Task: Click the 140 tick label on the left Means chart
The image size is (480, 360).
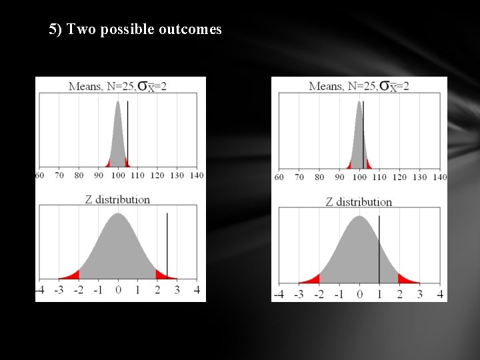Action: [196, 175]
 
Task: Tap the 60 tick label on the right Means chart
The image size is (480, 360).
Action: [279, 177]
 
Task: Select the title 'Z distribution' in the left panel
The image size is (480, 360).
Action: [118, 199]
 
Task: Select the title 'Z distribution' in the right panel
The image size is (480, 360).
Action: [359, 201]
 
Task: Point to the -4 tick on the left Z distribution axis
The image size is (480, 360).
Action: [39, 290]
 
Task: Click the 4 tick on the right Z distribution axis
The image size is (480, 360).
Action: [440, 294]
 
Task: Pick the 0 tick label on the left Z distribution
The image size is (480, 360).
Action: [118, 290]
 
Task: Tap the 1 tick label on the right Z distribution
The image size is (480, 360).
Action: [379, 294]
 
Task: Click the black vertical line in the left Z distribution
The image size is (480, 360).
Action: [167, 247]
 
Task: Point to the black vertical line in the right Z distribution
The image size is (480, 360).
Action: [379, 250]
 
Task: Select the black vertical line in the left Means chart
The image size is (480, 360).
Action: [127, 133]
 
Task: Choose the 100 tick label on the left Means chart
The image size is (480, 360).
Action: [118, 175]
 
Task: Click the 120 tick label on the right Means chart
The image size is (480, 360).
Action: [400, 177]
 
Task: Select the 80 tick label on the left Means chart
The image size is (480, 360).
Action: [79, 175]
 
